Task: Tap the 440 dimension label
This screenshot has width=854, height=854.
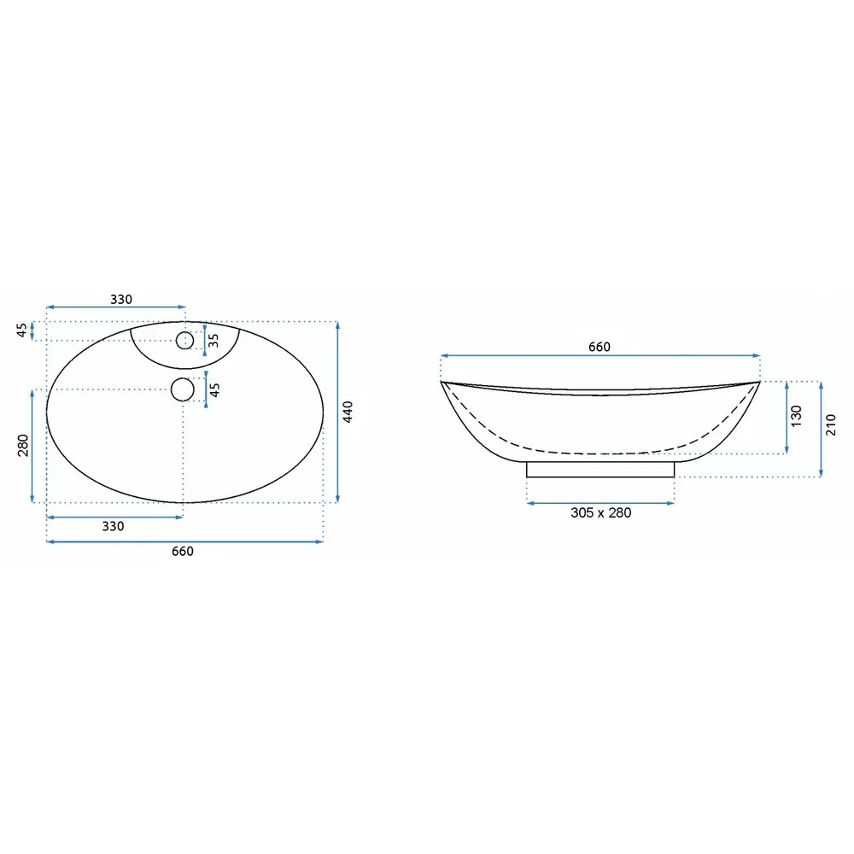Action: point(348,412)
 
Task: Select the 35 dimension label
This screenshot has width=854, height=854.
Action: point(213,341)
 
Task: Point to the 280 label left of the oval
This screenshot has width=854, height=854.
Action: point(23,446)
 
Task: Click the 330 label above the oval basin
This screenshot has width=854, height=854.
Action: point(121,300)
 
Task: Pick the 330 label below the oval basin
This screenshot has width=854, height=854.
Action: point(113,526)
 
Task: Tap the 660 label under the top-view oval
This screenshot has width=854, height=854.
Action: point(183,551)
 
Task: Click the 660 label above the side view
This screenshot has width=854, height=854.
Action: point(600,347)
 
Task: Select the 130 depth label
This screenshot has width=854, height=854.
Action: point(796,416)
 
